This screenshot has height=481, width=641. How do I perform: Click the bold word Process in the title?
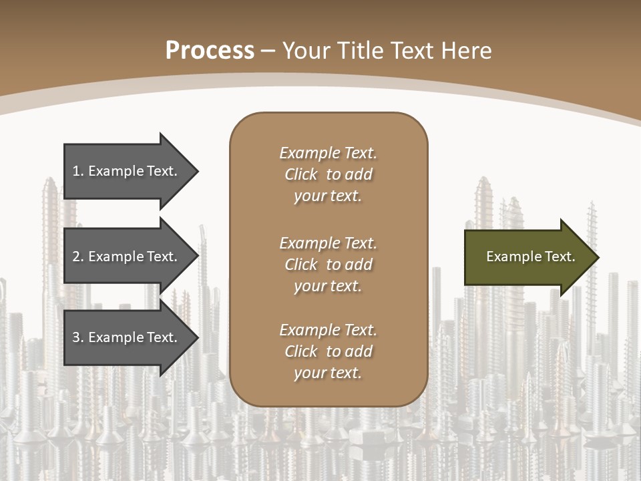(210, 51)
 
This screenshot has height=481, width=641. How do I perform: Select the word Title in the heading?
(361, 51)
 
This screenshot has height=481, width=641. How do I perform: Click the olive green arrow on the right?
(527, 257)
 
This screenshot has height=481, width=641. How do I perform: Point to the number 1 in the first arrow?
(77, 171)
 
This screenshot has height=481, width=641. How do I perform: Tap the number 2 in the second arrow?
(77, 257)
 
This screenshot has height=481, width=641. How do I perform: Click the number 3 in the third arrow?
(77, 337)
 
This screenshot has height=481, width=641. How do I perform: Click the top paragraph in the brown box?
(328, 174)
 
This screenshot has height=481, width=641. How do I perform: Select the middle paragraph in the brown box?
(328, 264)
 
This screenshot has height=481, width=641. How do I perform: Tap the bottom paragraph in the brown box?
(328, 351)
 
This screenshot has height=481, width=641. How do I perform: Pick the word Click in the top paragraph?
(301, 174)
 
